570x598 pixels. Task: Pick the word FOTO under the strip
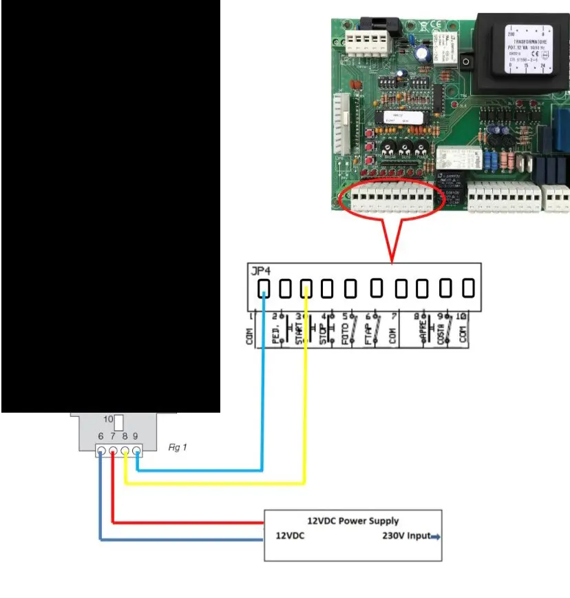coord(346,335)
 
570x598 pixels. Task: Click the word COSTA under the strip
coord(440,335)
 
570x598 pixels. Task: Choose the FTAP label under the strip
coord(368,335)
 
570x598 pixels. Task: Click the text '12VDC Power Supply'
coord(352,521)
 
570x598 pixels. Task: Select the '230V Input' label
coord(406,535)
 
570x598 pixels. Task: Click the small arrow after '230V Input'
coord(435,536)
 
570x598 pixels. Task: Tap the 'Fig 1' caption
coord(178,447)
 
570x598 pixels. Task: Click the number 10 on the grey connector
coord(108,419)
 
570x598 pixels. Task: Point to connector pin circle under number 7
coord(113,453)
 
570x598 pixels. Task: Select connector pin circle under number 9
coord(136,453)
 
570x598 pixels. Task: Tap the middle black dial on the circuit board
coord(405,147)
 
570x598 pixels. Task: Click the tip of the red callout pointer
coord(392,262)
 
